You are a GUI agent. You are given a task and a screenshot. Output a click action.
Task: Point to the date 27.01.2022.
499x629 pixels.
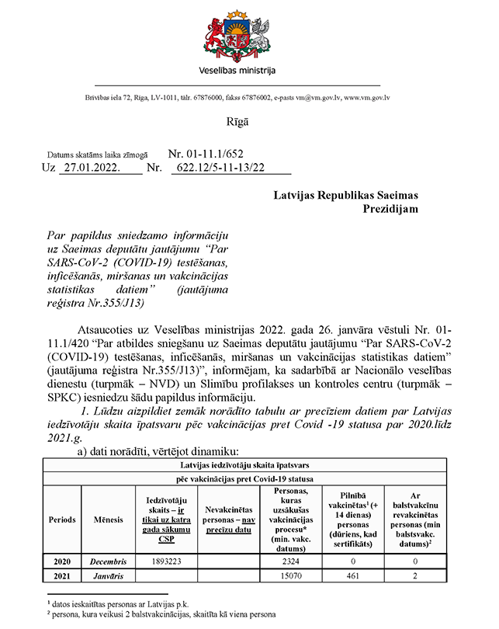click(x=92, y=167)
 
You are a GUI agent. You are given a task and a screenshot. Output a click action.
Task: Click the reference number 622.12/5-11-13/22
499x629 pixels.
click(x=220, y=167)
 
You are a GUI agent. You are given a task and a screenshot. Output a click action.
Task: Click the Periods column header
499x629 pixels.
click(x=62, y=518)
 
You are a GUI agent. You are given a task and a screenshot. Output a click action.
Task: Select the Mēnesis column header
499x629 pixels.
click(x=107, y=518)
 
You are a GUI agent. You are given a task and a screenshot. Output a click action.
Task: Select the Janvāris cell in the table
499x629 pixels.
click(x=107, y=575)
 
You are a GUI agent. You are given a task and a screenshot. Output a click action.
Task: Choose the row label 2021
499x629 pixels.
click(x=62, y=575)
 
